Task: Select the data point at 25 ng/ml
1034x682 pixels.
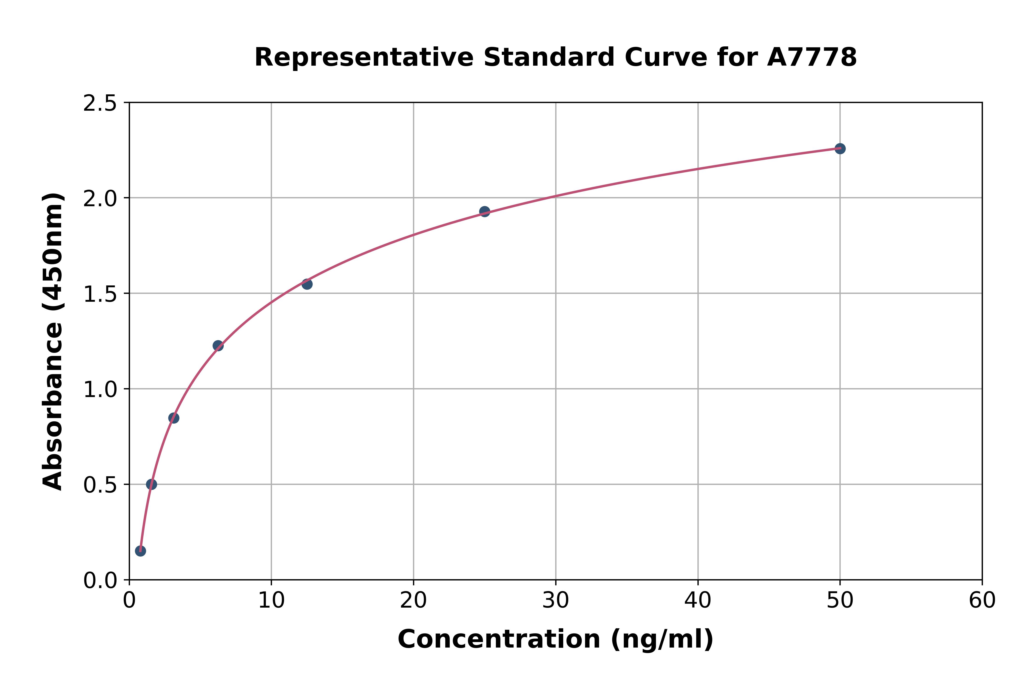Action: pyautogui.click(x=484, y=212)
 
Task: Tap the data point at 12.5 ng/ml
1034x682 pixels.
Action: pyautogui.click(x=307, y=284)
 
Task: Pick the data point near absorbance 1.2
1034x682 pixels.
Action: pyautogui.click(x=218, y=346)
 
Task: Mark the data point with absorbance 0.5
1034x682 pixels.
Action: pyautogui.click(x=151, y=484)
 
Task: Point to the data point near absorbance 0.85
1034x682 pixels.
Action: pyautogui.click(x=174, y=418)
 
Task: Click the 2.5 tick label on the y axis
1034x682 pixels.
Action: pyautogui.click(x=100, y=104)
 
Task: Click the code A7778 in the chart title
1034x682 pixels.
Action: pyautogui.click(x=812, y=57)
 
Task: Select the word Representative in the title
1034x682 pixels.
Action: pyautogui.click(x=364, y=57)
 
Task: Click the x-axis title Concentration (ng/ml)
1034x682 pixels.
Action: pyautogui.click(x=555, y=639)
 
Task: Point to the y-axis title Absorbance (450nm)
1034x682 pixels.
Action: pyautogui.click(x=53, y=341)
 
